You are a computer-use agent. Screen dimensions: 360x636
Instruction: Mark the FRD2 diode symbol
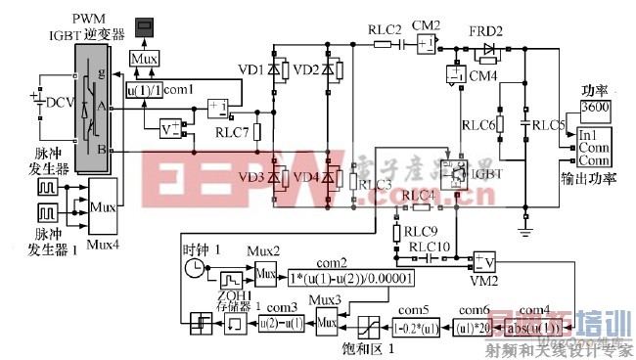488,49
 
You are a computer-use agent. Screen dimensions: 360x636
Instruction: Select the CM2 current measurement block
427,46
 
